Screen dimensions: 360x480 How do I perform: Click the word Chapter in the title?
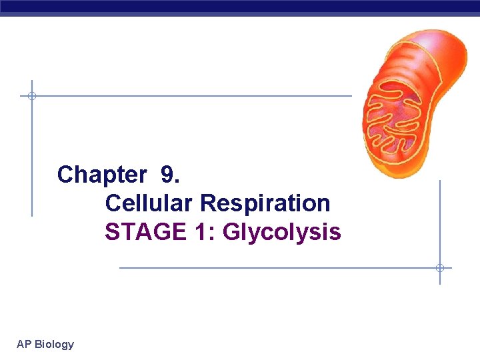tap(101, 175)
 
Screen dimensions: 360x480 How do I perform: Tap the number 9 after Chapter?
tap(168, 175)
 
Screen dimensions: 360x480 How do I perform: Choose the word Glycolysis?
tap(281, 232)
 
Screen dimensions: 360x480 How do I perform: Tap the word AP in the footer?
tap(23, 344)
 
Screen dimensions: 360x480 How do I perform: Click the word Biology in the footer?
tap(54, 345)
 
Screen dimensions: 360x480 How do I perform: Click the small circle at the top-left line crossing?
tap(31, 96)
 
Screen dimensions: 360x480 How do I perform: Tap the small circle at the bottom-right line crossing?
tap(439, 268)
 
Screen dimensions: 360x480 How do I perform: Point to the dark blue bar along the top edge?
tap(240, 7)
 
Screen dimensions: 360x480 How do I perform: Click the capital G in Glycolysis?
tap(232, 232)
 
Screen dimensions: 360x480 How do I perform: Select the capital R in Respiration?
tap(207, 203)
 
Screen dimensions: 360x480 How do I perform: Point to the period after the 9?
tap(177, 181)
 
